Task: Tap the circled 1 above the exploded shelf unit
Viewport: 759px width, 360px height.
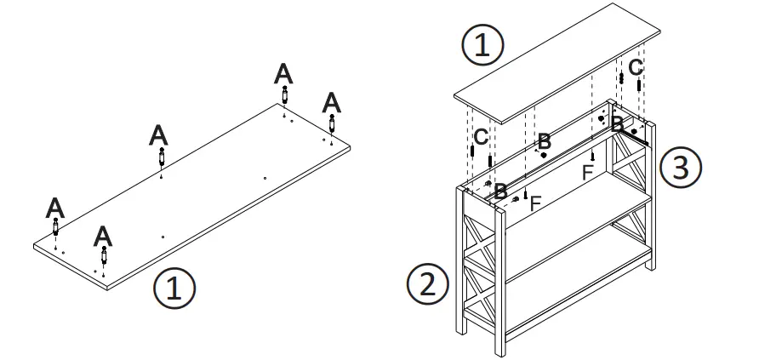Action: coord(482,43)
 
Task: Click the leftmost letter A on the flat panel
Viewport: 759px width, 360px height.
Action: coord(55,207)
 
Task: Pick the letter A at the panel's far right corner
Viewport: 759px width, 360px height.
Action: coord(332,103)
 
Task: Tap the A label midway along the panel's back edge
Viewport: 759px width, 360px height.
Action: coord(159,134)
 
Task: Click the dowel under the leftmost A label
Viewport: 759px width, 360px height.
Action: coord(56,228)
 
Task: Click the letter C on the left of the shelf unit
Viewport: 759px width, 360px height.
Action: coord(481,135)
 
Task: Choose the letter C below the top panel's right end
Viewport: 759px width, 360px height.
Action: coord(636,66)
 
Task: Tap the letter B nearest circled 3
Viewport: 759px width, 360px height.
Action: coord(618,124)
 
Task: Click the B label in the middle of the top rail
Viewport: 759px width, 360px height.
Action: coord(544,140)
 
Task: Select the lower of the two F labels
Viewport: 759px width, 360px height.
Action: coord(535,203)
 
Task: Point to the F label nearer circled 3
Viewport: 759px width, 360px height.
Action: coord(587,172)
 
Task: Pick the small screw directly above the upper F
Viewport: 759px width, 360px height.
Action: coord(591,155)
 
